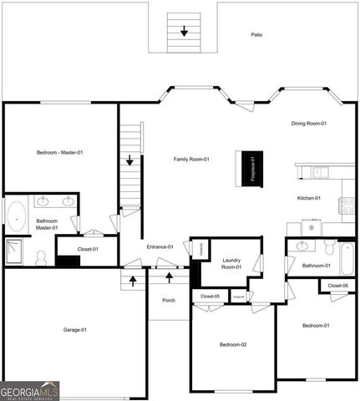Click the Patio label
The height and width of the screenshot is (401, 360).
pyautogui.click(x=257, y=35)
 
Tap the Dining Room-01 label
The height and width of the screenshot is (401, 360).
pyautogui.click(x=308, y=124)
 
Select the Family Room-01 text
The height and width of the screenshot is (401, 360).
pyautogui.click(x=191, y=159)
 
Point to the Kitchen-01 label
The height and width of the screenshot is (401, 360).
pyautogui.click(x=309, y=198)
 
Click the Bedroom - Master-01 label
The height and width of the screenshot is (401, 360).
pyautogui.click(x=59, y=152)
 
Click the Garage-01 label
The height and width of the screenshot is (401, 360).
pyautogui.click(x=75, y=330)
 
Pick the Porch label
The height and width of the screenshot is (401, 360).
pyautogui.click(x=169, y=300)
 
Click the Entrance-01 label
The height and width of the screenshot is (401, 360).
pyautogui.click(x=160, y=246)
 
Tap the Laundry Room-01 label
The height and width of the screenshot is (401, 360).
pyautogui.click(x=231, y=264)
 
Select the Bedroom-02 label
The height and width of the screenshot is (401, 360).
pyautogui.click(x=233, y=344)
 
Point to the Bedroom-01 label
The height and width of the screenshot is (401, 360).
pyautogui.click(x=315, y=325)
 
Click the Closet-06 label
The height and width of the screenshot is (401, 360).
pyautogui.click(x=338, y=286)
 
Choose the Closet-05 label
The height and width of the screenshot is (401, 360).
pyautogui.click(x=210, y=297)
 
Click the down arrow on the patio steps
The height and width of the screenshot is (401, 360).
pyautogui.click(x=185, y=32)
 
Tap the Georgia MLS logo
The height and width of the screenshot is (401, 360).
pyautogui.click(x=29, y=391)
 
